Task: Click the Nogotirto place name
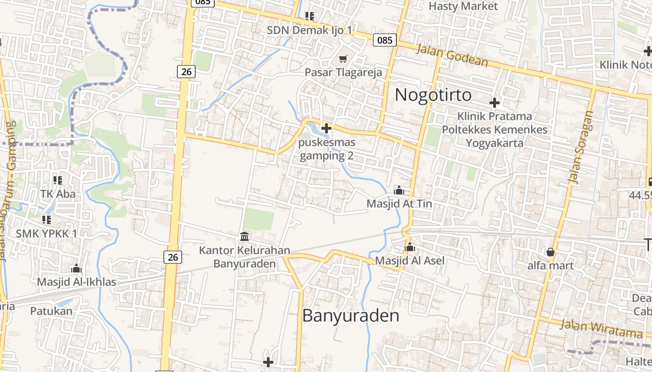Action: (x=433, y=95)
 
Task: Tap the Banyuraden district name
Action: (x=351, y=316)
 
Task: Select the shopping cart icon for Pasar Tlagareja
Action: (x=343, y=59)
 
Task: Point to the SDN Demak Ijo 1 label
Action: (x=310, y=30)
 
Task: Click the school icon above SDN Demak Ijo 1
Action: (x=310, y=16)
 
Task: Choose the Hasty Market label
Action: (x=463, y=6)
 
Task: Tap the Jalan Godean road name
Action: (x=452, y=55)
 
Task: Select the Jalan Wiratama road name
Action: (x=601, y=328)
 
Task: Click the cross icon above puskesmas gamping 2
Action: (x=326, y=128)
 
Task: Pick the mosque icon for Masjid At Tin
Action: (x=399, y=190)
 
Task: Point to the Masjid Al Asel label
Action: (x=410, y=260)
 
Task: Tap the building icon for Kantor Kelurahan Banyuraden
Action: (x=244, y=236)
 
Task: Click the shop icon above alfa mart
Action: (x=550, y=252)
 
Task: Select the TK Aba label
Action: (x=58, y=193)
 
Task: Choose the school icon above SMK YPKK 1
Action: (x=46, y=219)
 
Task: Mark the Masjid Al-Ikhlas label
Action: (x=76, y=282)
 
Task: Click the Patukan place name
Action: (x=52, y=311)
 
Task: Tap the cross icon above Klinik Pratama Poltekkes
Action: (x=495, y=102)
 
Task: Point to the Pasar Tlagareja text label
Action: (x=343, y=72)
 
